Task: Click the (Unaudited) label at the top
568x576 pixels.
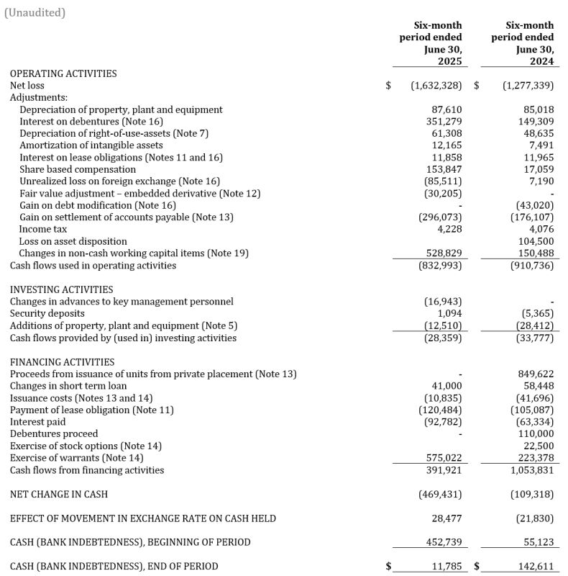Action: [x=35, y=13]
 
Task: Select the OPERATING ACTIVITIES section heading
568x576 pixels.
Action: [x=63, y=73]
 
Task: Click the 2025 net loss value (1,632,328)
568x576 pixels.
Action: [x=436, y=86]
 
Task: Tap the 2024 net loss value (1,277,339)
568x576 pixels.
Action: [x=528, y=86]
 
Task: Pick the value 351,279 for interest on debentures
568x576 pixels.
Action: [x=444, y=122]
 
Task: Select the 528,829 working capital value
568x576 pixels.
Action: [x=444, y=253]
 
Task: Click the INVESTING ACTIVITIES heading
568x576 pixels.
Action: [x=62, y=289]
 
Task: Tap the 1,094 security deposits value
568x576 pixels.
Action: [x=449, y=314]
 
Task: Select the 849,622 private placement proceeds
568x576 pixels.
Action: [x=536, y=374]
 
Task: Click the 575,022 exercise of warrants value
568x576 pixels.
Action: [x=444, y=458]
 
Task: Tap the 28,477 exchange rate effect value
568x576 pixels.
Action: [x=447, y=518]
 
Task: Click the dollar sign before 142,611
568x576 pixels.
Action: [x=477, y=567]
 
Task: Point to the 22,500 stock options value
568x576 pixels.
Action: [x=539, y=446]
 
